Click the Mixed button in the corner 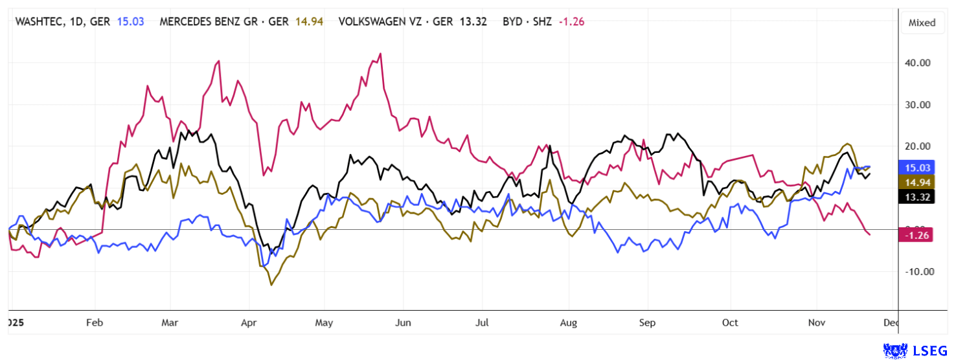tap(922, 23)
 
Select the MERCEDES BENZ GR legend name tap(214, 21)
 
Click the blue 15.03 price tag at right tap(917, 167)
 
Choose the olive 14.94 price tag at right tap(917, 182)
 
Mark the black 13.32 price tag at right tap(917, 197)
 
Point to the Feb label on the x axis tap(95, 322)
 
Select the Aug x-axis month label tap(568, 322)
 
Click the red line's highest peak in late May tap(380, 54)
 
